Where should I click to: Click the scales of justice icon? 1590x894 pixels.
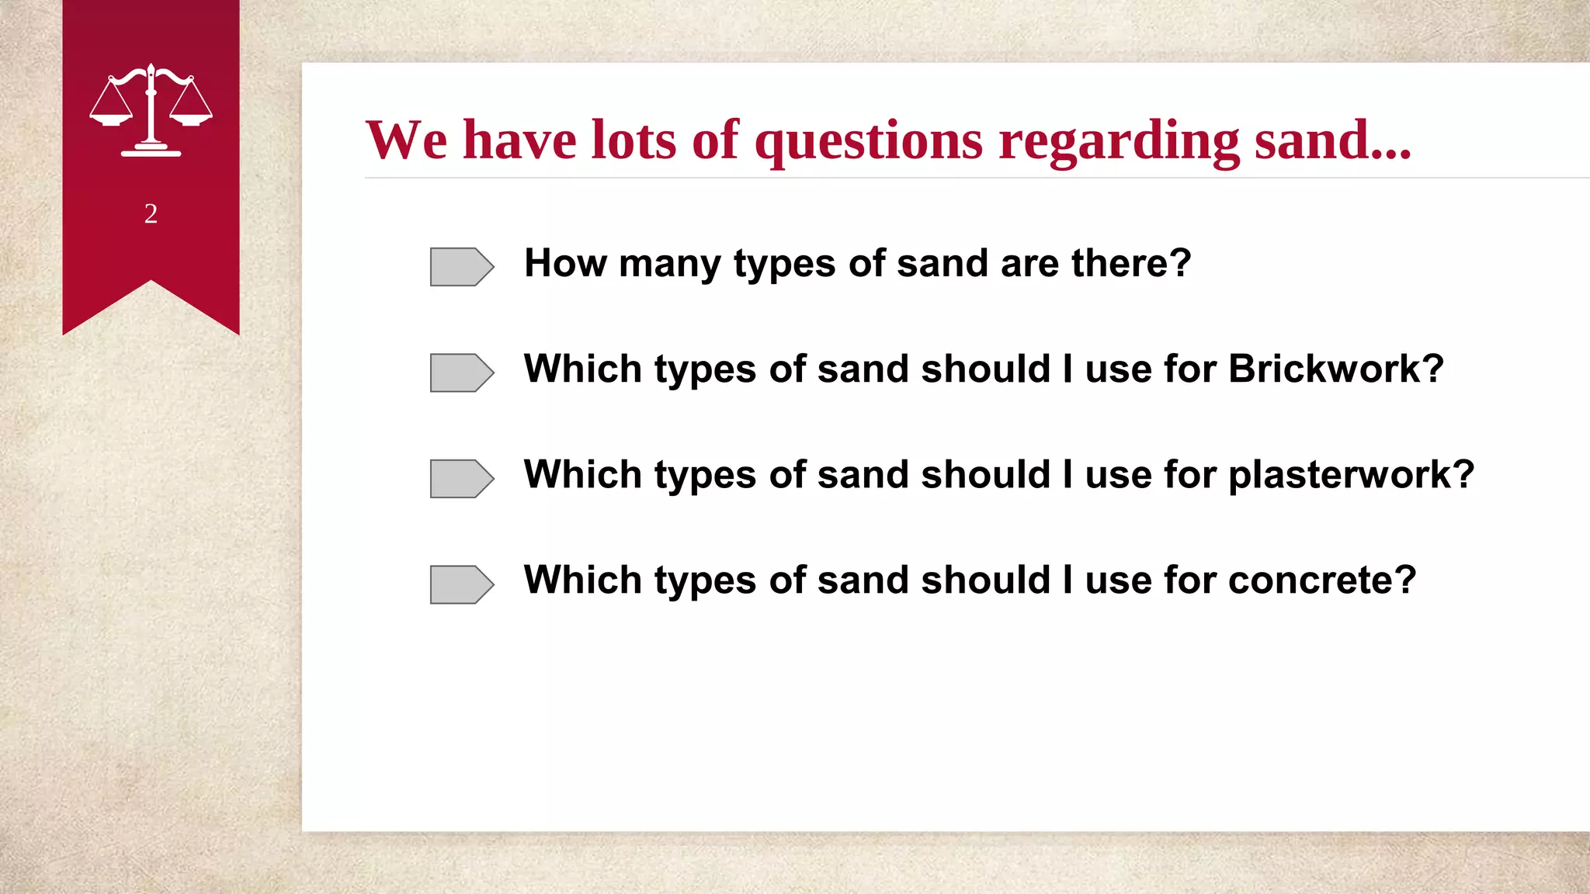(x=151, y=110)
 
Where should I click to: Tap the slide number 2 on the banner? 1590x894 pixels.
(x=151, y=213)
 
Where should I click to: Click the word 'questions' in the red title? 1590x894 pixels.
(x=869, y=140)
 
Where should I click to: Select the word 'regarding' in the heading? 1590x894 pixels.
(x=1119, y=140)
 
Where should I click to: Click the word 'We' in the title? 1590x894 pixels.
(x=406, y=140)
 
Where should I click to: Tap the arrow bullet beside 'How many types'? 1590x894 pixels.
(x=461, y=267)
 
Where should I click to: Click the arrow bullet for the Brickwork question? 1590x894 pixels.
(x=461, y=372)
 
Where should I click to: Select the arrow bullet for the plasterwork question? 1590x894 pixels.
(x=461, y=478)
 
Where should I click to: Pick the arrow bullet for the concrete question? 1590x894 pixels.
(x=461, y=584)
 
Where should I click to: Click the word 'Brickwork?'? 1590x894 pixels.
(x=1335, y=369)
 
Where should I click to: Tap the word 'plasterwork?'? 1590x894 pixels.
(x=1351, y=474)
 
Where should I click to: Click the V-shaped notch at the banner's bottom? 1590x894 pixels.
(x=151, y=282)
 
